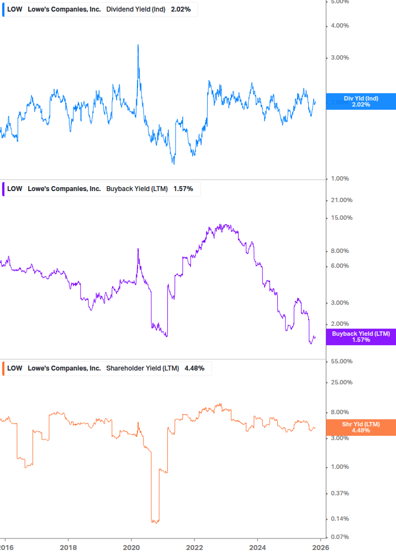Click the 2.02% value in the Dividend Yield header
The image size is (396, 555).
(181, 9)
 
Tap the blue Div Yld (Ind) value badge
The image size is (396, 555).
(361, 102)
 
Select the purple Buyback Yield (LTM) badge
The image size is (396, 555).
(361, 337)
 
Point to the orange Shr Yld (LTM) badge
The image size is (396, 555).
(361, 427)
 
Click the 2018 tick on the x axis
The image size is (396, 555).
(68, 547)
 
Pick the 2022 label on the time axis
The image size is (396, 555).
(194, 547)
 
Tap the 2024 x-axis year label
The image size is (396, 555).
(257, 547)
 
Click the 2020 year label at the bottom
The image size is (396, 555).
(131, 547)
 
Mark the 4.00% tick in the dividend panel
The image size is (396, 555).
(340, 25)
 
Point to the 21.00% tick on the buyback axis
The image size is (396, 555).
(340, 200)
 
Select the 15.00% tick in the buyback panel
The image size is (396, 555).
(340, 218)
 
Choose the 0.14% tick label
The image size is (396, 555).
(340, 519)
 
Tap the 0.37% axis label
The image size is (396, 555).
(340, 494)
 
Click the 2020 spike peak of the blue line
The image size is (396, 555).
(138, 45)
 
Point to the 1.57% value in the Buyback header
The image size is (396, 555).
(183, 189)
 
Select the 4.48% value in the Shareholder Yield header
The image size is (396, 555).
(194, 368)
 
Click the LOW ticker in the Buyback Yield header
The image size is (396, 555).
(15, 189)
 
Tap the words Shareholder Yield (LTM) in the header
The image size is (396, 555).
(142, 368)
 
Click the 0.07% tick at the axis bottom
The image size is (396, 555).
(340, 537)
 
